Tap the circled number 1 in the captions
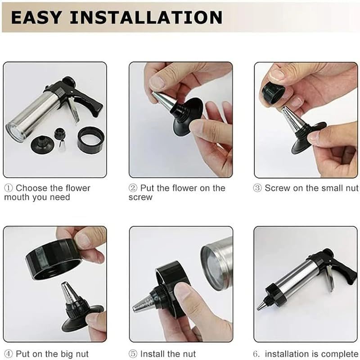point(9,189)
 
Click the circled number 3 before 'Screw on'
point(257,189)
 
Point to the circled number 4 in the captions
point(9,354)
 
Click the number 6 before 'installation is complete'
point(257,354)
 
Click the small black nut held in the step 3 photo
point(273,92)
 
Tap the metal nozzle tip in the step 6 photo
point(262,305)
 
